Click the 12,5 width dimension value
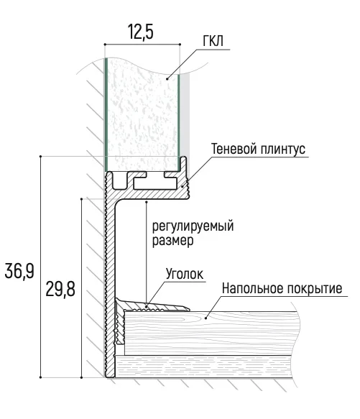(x=141, y=32)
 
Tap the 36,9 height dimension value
(x=19, y=271)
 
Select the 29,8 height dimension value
(x=60, y=290)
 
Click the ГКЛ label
(x=213, y=42)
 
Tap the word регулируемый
(x=193, y=226)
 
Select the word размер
(x=172, y=241)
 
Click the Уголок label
(x=185, y=274)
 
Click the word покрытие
(x=315, y=289)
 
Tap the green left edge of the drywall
(x=106, y=115)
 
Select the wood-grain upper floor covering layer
(x=211, y=333)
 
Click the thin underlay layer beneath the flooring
(x=203, y=366)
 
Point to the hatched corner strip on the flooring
(x=152, y=305)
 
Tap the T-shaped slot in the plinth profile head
(x=155, y=183)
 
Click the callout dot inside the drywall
(x=167, y=78)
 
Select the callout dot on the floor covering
(x=206, y=318)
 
